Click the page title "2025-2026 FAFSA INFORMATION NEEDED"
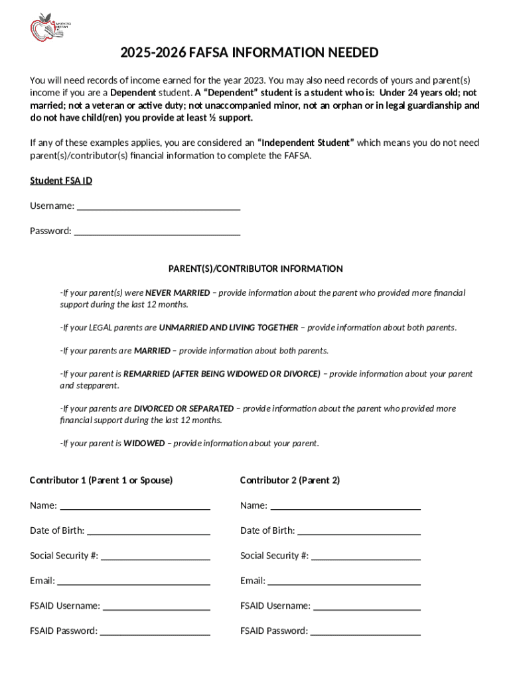(x=249, y=52)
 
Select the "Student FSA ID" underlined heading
(x=61, y=180)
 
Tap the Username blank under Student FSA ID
(x=159, y=206)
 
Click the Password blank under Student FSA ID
(x=157, y=231)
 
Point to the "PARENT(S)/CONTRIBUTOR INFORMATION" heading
(x=256, y=269)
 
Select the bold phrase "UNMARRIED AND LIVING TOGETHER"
(x=228, y=328)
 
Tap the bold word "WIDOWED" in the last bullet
(x=144, y=443)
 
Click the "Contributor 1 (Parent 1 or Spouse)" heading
(x=101, y=479)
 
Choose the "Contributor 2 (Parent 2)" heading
(x=290, y=479)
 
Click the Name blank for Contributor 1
(x=135, y=506)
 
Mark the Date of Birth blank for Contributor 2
(x=358, y=531)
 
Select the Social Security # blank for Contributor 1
(x=155, y=556)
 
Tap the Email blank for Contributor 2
(x=344, y=582)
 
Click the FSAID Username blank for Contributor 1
(x=157, y=606)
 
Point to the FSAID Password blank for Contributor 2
(x=365, y=631)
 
